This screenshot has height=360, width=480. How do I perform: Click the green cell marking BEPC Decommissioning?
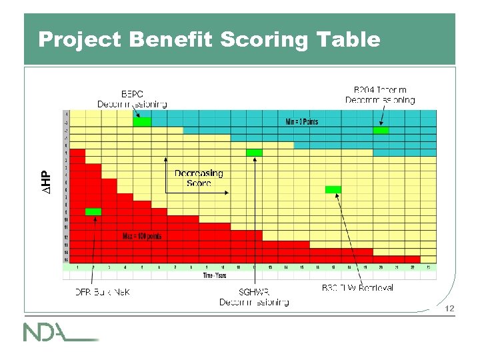(x=141, y=122)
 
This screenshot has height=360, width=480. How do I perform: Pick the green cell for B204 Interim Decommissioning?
(x=381, y=130)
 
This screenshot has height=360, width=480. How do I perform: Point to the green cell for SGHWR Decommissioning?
(x=254, y=153)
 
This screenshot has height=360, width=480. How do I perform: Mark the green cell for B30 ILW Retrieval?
(x=333, y=190)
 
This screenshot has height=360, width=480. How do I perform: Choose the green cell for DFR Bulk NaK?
(x=93, y=212)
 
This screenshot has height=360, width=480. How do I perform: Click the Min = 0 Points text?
(x=301, y=122)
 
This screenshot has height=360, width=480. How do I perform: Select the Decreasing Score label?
(x=199, y=178)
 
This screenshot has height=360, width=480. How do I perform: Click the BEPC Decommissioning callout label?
(x=132, y=99)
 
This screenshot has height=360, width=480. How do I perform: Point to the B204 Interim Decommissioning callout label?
(x=380, y=95)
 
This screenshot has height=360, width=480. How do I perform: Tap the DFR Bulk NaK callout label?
(x=102, y=292)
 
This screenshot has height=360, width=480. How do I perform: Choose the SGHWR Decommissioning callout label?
(x=254, y=297)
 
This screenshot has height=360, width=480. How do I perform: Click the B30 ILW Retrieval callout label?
(x=357, y=288)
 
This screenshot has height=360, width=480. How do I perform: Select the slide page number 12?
(x=449, y=308)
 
